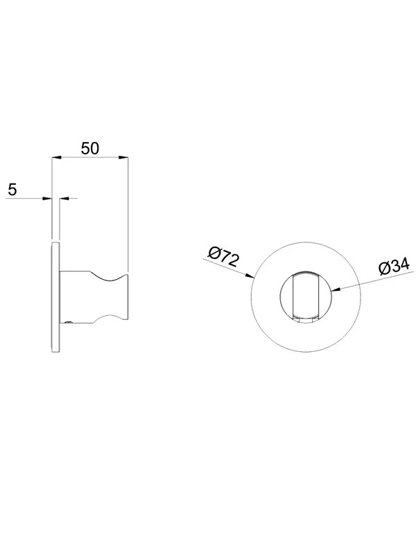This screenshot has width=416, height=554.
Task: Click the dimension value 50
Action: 90,148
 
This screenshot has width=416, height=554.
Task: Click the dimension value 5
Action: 12,190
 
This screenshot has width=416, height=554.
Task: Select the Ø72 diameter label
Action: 223,257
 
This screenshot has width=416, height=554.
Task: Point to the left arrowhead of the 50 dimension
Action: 57,158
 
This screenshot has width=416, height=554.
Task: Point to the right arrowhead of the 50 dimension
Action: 123,158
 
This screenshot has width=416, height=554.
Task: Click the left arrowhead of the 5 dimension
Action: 47,199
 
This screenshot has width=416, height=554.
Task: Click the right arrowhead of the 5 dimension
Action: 64,199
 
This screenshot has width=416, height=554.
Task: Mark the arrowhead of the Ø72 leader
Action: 249,276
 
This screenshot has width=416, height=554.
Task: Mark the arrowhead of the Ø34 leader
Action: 336,289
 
